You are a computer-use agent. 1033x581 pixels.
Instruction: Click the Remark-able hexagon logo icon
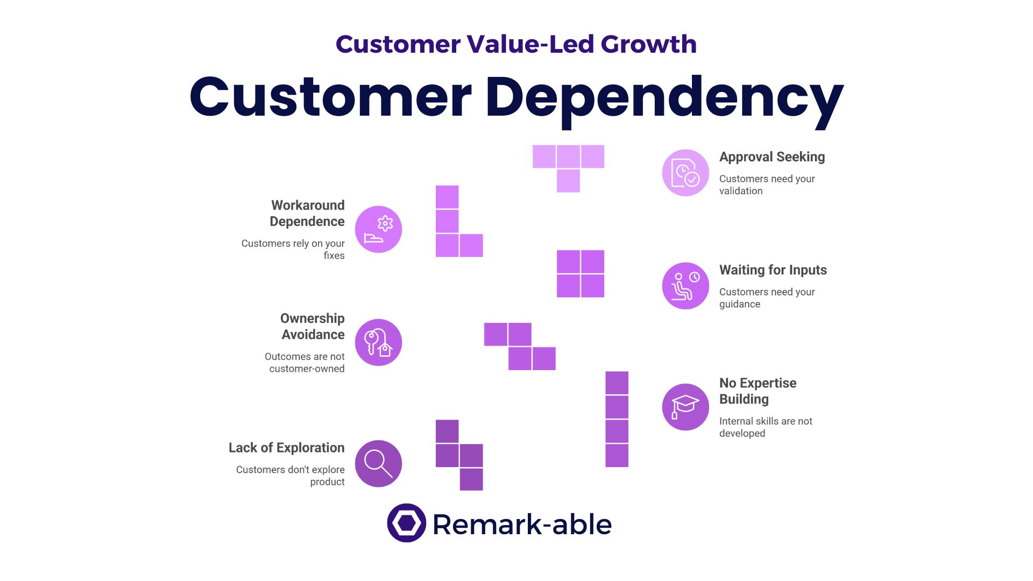point(406,523)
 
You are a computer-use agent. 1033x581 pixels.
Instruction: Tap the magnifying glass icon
point(378,464)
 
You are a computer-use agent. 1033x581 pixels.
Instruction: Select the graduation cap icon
point(685,407)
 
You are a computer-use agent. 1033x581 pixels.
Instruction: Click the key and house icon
point(378,343)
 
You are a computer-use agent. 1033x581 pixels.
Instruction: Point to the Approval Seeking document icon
point(685,173)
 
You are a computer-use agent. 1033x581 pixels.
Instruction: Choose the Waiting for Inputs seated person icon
point(685,286)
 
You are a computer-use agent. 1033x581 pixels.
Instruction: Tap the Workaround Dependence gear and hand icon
point(378,229)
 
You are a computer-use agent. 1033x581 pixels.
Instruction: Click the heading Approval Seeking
point(772,157)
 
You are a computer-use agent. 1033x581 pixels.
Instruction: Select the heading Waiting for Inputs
point(773,270)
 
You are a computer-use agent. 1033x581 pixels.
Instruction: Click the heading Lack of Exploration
point(286,448)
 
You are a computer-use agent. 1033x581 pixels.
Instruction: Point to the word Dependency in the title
point(664,98)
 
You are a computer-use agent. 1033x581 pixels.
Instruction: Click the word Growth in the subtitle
point(648,44)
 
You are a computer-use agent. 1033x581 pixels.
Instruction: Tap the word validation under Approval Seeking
point(740,191)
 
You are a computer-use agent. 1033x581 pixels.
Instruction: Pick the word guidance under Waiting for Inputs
point(739,304)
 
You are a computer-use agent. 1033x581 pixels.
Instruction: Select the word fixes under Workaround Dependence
point(334,256)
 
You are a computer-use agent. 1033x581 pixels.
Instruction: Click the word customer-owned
point(307,369)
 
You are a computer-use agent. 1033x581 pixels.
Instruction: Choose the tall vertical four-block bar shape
point(617,419)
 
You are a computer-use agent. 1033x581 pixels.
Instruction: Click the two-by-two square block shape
point(580,274)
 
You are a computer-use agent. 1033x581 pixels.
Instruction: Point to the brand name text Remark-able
point(522,525)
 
